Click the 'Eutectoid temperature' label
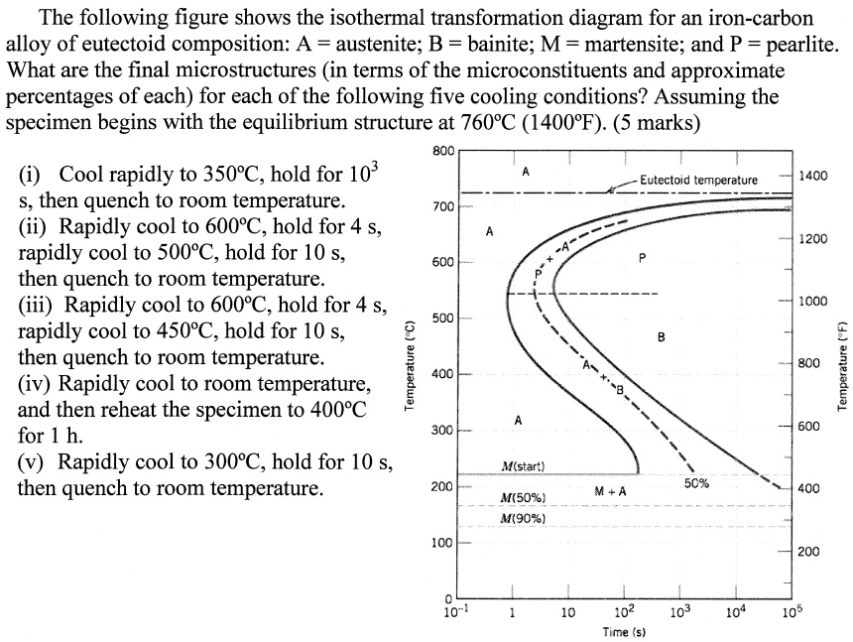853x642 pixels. pyautogui.click(x=698, y=180)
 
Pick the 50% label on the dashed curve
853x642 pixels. pyautogui.click(x=696, y=482)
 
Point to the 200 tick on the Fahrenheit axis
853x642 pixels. pyautogui.click(x=810, y=551)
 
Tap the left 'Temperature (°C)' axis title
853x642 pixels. pyautogui.click(x=408, y=366)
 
